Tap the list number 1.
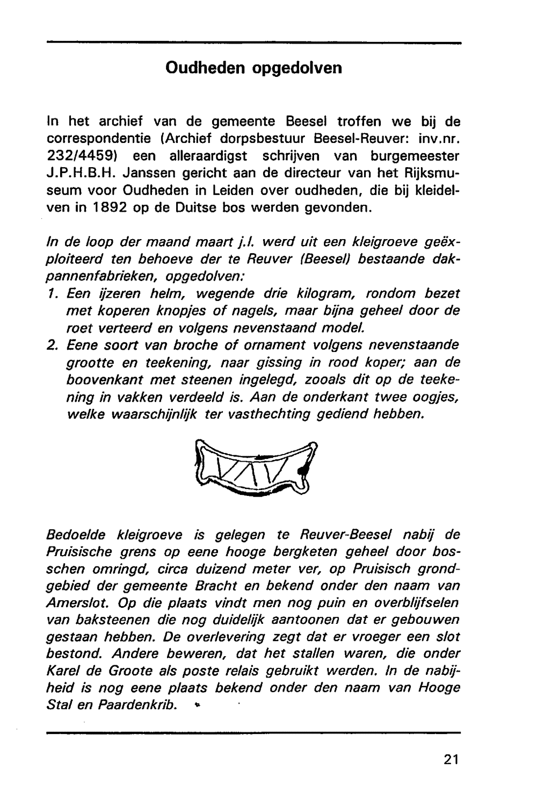point(52,293)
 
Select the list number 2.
point(52,345)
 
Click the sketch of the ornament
point(256,467)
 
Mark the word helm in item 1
point(165,293)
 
